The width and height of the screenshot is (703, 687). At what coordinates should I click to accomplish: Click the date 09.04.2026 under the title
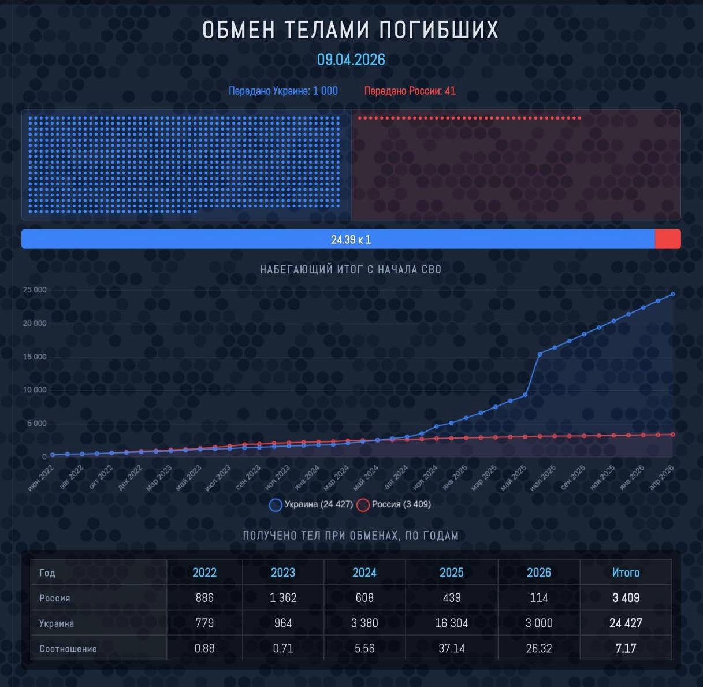pyautogui.click(x=351, y=60)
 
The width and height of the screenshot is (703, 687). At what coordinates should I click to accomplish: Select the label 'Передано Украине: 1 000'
pyautogui.click(x=283, y=91)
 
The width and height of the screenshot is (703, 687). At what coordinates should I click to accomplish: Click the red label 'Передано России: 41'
pyautogui.click(x=410, y=91)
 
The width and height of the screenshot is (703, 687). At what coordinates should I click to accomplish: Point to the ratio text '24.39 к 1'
pyautogui.click(x=351, y=239)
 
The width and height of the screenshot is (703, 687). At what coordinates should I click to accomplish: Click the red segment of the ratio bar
pyautogui.click(x=668, y=239)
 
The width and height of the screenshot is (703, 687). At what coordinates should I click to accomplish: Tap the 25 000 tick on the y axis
pyautogui.click(x=35, y=290)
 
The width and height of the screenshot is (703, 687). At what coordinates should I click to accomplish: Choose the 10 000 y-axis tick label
pyautogui.click(x=35, y=390)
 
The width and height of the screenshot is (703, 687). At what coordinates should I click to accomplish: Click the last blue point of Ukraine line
pyautogui.click(x=672, y=294)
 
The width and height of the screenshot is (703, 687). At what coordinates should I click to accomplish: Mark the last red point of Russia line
pyautogui.click(x=672, y=435)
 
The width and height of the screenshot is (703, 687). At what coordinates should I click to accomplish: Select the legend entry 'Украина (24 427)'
pyautogui.click(x=312, y=504)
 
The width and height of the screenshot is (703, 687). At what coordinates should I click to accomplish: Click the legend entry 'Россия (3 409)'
pyautogui.click(x=395, y=504)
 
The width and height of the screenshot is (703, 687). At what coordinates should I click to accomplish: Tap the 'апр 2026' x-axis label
pyautogui.click(x=662, y=478)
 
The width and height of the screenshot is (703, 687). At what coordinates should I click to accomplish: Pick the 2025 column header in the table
pyautogui.click(x=451, y=573)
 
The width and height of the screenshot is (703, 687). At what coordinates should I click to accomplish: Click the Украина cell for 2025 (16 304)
pyautogui.click(x=451, y=623)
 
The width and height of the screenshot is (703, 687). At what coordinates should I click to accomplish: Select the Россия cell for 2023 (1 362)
pyautogui.click(x=283, y=598)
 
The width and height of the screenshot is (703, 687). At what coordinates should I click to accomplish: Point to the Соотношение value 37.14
pyautogui.click(x=451, y=648)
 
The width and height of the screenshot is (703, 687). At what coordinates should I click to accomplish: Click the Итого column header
pyautogui.click(x=626, y=573)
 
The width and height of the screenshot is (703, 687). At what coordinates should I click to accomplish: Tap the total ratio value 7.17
pyautogui.click(x=626, y=648)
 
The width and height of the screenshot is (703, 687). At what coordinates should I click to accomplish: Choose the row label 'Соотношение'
pyautogui.click(x=68, y=649)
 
